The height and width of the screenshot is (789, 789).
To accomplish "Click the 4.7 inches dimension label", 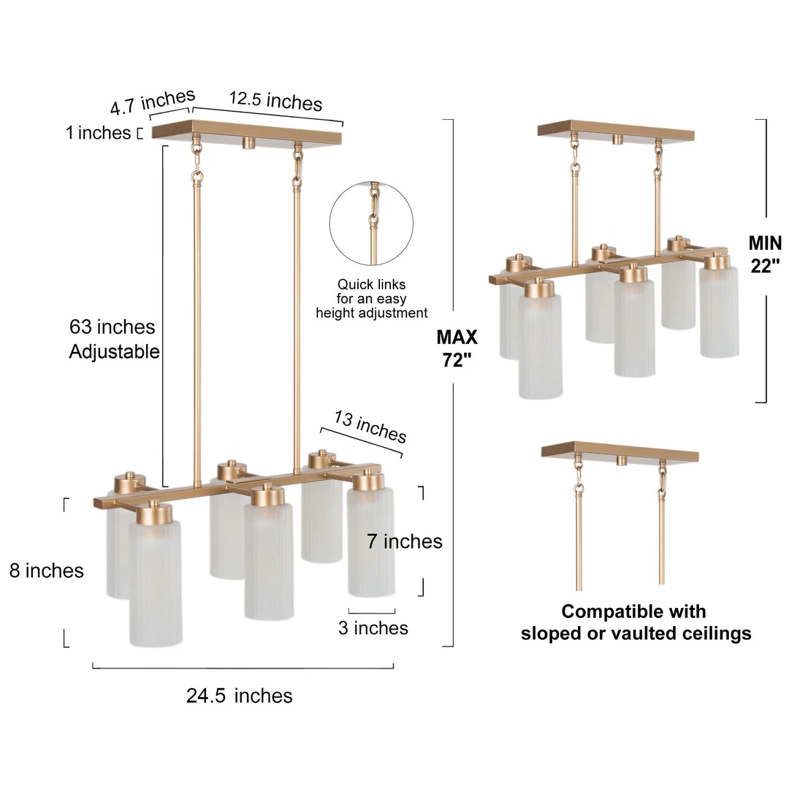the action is pyautogui.click(x=153, y=101).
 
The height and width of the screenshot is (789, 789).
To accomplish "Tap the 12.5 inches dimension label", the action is pyautogui.click(x=275, y=101).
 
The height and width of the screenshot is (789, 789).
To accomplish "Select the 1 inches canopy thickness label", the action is pyautogui.click(x=98, y=133).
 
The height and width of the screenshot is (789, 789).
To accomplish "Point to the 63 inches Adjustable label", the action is pyautogui.click(x=114, y=339).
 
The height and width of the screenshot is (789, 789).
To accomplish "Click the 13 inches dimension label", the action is pyautogui.click(x=370, y=427).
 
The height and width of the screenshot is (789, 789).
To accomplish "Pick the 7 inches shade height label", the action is pyautogui.click(x=405, y=541).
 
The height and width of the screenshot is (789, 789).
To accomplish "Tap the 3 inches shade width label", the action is pyautogui.click(x=373, y=628).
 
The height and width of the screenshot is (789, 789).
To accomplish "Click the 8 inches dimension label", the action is pyautogui.click(x=46, y=571).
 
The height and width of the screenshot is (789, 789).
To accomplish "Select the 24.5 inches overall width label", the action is pyautogui.click(x=239, y=696).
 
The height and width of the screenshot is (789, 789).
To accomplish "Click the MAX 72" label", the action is pyautogui.click(x=457, y=348).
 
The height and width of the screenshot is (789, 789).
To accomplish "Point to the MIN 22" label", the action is pyautogui.click(x=765, y=254).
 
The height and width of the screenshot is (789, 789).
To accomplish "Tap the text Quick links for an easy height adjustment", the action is pyautogui.click(x=371, y=298).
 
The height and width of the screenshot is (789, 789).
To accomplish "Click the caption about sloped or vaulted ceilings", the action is pyautogui.click(x=636, y=622).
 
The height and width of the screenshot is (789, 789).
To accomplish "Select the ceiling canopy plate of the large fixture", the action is pyautogui.click(x=247, y=131).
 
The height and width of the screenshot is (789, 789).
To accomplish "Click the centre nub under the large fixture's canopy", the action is pyautogui.click(x=248, y=142).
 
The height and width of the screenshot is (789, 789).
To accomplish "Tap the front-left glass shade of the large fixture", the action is pyautogui.click(x=155, y=583).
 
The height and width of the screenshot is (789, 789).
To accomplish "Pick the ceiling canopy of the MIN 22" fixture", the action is pyautogui.click(x=616, y=130).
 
